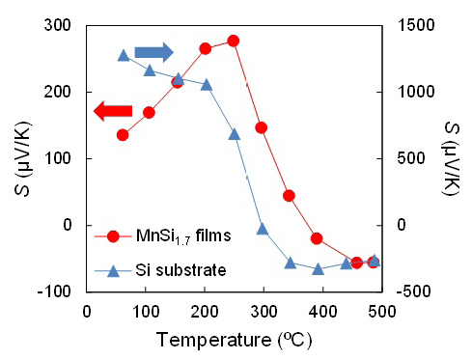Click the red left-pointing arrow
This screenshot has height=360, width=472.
pos(112,113)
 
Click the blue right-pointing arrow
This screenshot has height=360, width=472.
pos(153,51)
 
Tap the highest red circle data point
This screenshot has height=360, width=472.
pos(233,41)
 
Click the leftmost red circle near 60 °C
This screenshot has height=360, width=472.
pos(123,135)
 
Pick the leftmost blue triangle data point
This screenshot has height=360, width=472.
pos(123,55)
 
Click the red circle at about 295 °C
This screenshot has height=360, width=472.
pos(262,127)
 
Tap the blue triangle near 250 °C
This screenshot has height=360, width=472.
pos(235,134)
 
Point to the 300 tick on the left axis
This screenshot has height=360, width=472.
pos(63,25)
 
